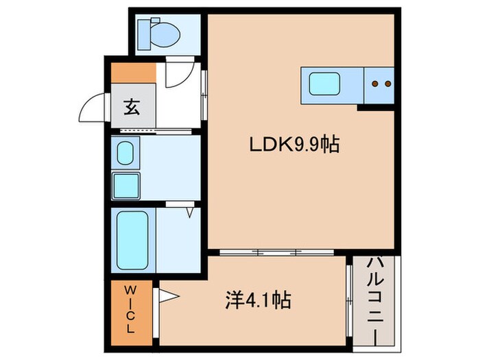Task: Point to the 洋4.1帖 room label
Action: pyautogui.click(x=258, y=300)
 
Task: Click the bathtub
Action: pyautogui.click(x=130, y=240)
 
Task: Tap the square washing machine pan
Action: pyautogui.click(x=126, y=184)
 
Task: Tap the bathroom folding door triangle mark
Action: pyautogui.click(x=188, y=211)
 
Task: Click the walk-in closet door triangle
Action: pyautogui.click(x=169, y=297)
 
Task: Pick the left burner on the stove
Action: pyautogui.click(x=375, y=84)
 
